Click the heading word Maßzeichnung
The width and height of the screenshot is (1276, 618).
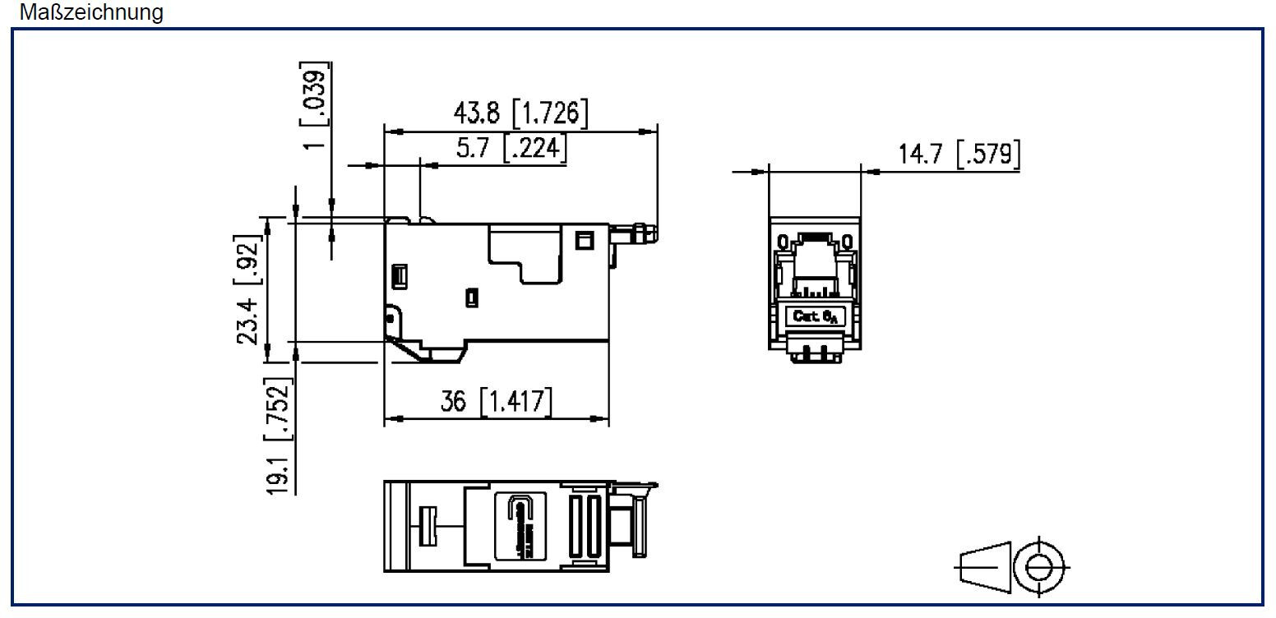tap(92, 12)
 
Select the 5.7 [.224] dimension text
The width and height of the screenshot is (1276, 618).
tap(511, 149)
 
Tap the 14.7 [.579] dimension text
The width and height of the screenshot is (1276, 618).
tap(959, 154)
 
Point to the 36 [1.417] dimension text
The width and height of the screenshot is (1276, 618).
tap(497, 402)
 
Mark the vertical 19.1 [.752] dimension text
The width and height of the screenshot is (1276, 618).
tap(279, 436)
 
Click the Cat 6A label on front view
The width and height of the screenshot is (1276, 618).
tap(814, 316)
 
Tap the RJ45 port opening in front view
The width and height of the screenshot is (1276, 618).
tap(814, 255)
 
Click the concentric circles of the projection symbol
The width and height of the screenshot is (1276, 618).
tap(1038, 565)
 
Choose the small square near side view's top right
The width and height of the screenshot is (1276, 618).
tap(585, 240)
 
